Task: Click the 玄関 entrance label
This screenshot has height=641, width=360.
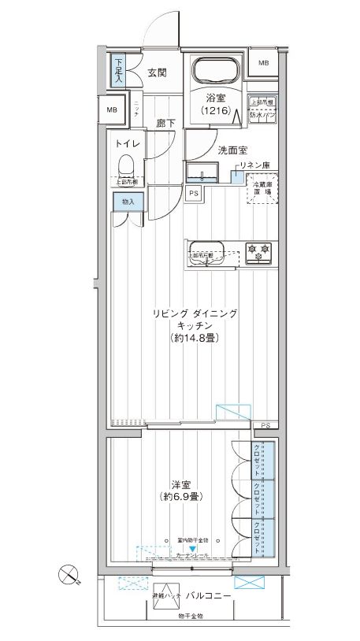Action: tap(156, 72)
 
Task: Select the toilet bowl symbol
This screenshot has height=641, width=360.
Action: tap(124, 164)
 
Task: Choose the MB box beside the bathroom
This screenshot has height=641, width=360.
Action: tap(262, 63)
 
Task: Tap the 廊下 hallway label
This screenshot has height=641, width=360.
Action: tap(165, 123)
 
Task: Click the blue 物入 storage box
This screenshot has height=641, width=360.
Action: tap(128, 202)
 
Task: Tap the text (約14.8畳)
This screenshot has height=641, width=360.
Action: tap(193, 339)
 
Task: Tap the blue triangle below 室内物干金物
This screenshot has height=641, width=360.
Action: tap(192, 546)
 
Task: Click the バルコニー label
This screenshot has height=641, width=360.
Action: tap(209, 596)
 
